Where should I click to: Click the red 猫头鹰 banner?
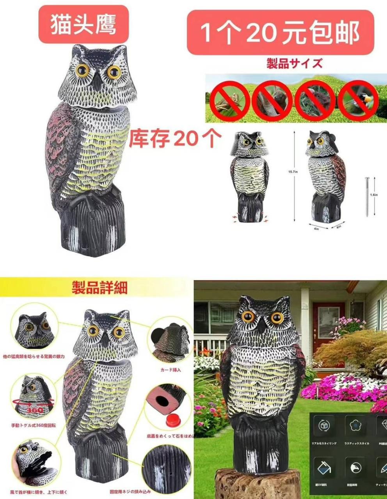click(83, 25)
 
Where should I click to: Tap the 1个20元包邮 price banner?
click(280, 32)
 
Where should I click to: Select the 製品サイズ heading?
click(295, 63)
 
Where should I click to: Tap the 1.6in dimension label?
click(374, 195)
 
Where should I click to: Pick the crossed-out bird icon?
click(357, 99)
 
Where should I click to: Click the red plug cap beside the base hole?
click(171, 420)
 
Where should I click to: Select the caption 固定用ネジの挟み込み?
click(130, 492)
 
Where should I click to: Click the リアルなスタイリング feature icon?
click(324, 426)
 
